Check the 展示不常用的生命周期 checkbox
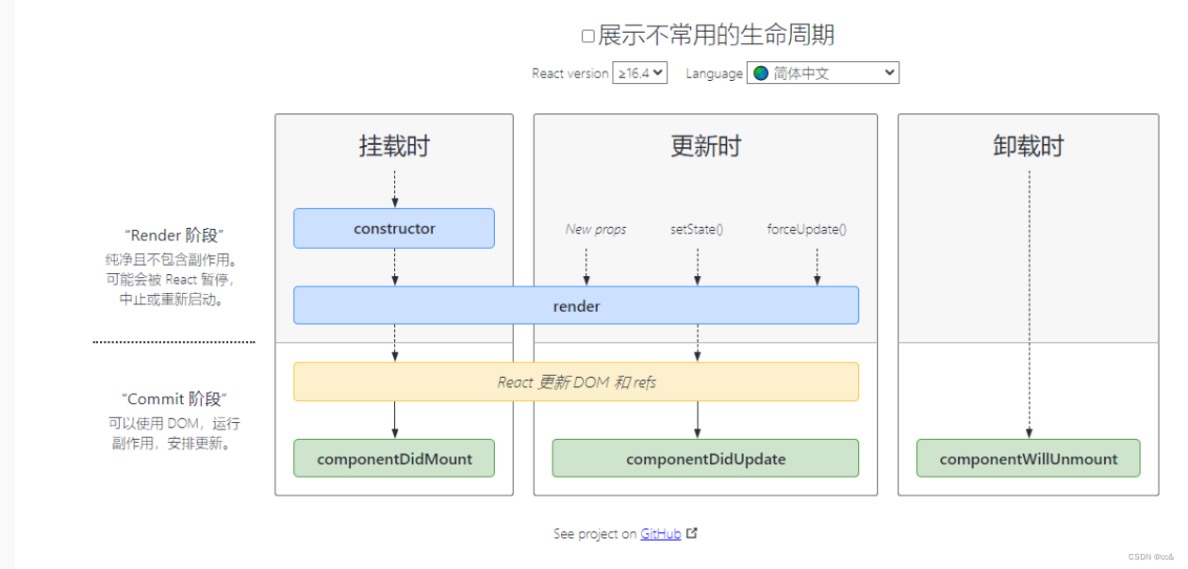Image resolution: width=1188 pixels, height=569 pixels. point(587,37)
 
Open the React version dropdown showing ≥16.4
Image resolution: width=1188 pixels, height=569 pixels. point(639,73)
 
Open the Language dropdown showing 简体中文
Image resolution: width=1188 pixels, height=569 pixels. point(822,73)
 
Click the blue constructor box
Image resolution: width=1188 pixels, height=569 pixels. point(394,228)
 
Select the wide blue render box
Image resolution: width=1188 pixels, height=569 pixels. point(576,305)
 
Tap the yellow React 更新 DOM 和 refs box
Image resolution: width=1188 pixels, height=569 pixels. point(576,382)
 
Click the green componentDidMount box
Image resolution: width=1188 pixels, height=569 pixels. point(394,459)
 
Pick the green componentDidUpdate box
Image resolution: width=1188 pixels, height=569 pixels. point(705,459)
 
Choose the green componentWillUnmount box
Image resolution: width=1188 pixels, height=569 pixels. point(1028,459)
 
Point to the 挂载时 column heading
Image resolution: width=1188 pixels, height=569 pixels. point(394,146)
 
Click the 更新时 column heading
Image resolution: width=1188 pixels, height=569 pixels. point(705,146)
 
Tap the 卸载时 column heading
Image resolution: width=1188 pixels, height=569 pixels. point(1028,146)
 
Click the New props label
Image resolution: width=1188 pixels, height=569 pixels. point(596,229)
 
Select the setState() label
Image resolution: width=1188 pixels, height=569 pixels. point(697,229)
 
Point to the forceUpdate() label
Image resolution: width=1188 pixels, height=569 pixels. point(806,229)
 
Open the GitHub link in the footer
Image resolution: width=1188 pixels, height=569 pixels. point(660,534)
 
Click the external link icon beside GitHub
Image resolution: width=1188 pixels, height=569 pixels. point(692,533)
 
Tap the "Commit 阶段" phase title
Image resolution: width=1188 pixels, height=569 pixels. point(174,398)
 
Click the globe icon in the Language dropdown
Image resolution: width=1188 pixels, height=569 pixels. point(761,73)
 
